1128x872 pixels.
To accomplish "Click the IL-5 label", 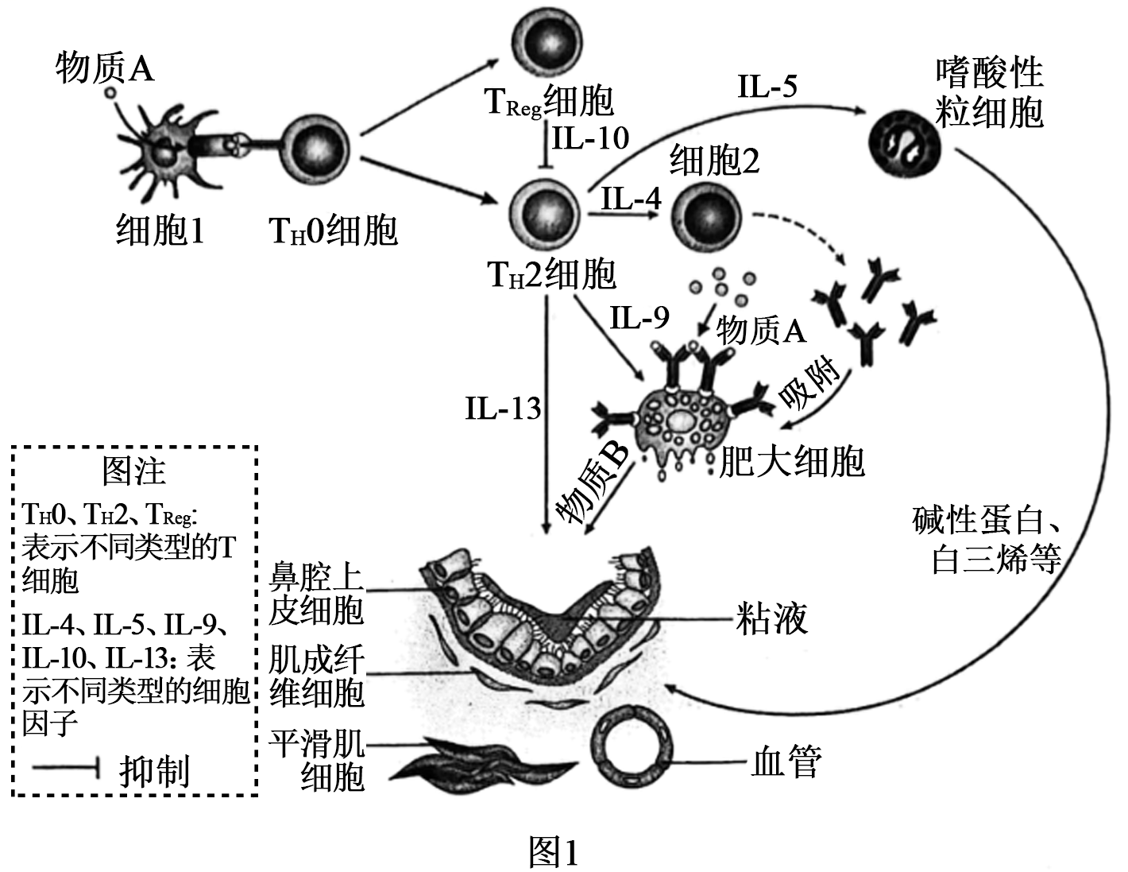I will (767, 86).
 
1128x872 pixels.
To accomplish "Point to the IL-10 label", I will (591, 138).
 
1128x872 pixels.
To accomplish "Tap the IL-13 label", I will (503, 409).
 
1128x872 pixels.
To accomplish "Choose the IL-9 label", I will (639, 318).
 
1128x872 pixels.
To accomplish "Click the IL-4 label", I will (631, 197).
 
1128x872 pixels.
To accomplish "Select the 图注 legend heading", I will (134, 471).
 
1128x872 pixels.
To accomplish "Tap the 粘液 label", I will (772, 618).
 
